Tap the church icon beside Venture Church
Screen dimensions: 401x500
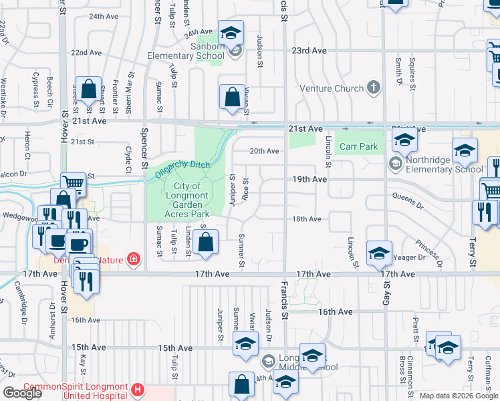pos(373,88)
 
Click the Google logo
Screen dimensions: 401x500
pos(21,392)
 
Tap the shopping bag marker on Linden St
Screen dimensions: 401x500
pos(207,243)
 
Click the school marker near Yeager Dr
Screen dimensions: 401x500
pos(378,252)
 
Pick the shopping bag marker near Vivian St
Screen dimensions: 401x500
pos(231,97)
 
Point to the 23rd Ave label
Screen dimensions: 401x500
pos(308,50)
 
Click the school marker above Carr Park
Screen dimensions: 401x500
pos(404,140)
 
